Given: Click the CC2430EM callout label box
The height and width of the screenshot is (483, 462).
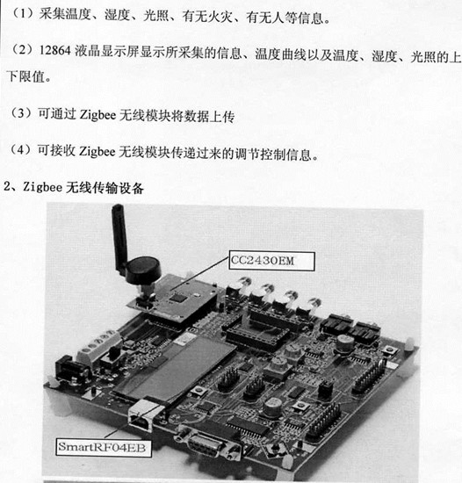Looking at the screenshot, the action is click(271, 261).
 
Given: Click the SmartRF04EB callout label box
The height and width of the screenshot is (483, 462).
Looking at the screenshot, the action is click(104, 447).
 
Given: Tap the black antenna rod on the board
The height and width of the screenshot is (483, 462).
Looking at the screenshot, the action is click(119, 237).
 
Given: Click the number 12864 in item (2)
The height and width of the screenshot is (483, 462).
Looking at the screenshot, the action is click(55, 51).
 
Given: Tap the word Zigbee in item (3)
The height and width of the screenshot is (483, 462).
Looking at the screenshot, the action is click(98, 116).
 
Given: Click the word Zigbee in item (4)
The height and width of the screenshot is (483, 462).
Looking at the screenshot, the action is click(97, 152).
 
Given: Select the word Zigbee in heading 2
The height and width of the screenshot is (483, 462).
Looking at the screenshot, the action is click(42, 187).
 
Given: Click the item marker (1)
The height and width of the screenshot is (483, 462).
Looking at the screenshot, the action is click(23, 14).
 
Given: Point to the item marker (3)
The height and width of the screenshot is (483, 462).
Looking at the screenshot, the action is click(21, 113).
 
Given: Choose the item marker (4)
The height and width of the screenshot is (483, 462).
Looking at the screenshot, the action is click(21, 150).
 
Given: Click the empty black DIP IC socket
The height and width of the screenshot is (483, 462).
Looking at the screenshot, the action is click(257, 335).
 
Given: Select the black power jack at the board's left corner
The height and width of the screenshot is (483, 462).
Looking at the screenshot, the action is click(69, 368).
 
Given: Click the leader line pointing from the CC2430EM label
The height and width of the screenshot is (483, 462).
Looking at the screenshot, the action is click(200, 273).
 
